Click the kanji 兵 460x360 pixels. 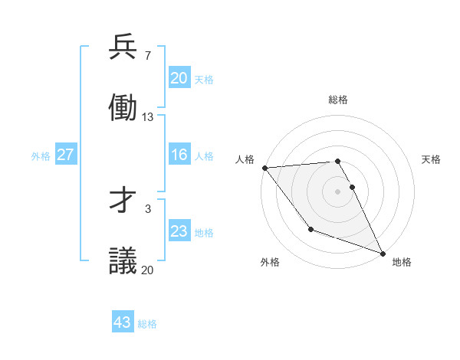tap(123, 48)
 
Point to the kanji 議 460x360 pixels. tap(123, 260)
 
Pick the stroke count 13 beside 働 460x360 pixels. tap(148, 116)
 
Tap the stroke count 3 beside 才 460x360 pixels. tap(147, 208)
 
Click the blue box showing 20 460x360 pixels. tap(179, 78)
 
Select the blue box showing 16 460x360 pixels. tap(179, 155)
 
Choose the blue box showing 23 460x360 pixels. tap(179, 231)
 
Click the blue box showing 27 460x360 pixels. tap(65, 155)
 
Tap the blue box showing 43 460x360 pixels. tap(123, 322)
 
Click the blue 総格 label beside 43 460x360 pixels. tap(147, 324)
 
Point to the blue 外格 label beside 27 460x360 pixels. tap(41, 156)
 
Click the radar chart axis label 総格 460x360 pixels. tap(337, 100)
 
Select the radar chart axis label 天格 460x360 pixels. tap(431, 159)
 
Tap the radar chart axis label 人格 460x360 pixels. tap(245, 159)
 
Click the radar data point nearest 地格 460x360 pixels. tap(382, 253)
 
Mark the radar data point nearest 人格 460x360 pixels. tap(264, 168)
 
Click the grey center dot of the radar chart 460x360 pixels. tap(337, 191)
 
